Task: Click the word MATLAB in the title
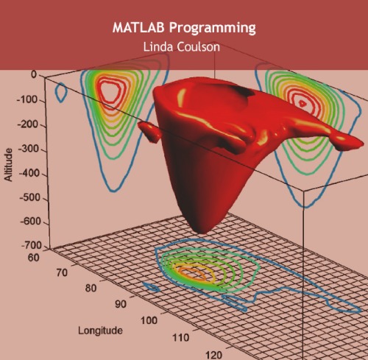pos(138,28)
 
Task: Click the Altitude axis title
pos(8,165)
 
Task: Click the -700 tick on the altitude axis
pos(32,245)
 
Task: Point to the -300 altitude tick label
pos(32,149)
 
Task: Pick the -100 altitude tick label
pos(32,99)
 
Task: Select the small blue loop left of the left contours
pos(62,91)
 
